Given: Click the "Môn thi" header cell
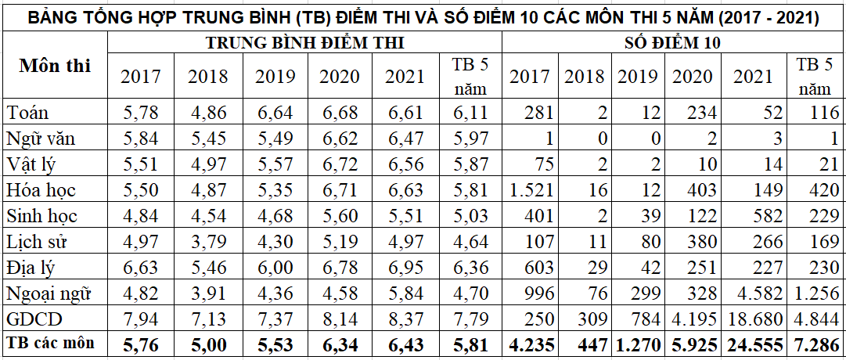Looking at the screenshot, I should pyautogui.click(x=55, y=66).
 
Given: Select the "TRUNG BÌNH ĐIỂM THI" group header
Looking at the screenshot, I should pyautogui.click(x=305, y=44).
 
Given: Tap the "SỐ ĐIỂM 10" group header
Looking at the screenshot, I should pyautogui.click(x=673, y=44).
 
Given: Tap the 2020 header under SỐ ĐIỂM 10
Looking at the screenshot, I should pyautogui.click(x=693, y=77).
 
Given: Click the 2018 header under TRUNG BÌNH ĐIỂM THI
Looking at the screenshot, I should pyautogui.click(x=208, y=77).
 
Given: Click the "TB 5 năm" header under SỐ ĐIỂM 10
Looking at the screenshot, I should pyautogui.click(x=815, y=76).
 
